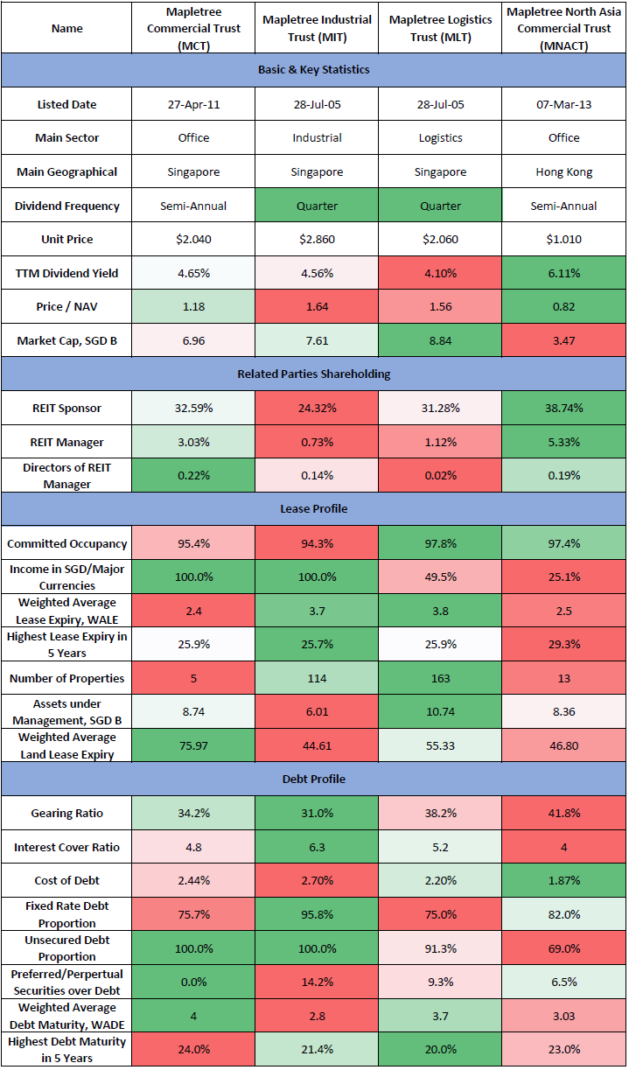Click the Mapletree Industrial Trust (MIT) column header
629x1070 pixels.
tap(317, 28)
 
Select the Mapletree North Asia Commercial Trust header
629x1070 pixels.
tap(563, 28)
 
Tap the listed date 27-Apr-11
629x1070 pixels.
tap(193, 104)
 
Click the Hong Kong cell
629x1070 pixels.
tap(563, 172)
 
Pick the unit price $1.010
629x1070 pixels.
tap(563, 240)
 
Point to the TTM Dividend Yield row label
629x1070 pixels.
tap(67, 274)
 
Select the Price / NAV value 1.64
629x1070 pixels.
tap(317, 307)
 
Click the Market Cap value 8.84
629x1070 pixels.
tap(440, 340)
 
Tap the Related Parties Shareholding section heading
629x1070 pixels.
tap(313, 374)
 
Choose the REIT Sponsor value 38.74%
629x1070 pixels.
tap(563, 408)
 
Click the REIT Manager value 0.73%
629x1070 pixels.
tap(317, 442)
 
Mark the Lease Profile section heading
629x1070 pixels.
tap(313, 509)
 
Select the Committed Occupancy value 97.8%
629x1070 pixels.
tap(440, 543)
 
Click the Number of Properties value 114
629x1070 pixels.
tap(317, 678)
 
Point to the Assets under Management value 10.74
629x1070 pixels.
tap(440, 712)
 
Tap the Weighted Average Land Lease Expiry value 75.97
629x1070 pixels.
tap(193, 745)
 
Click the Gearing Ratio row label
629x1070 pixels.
tap(67, 814)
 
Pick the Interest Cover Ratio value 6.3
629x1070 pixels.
tap(317, 847)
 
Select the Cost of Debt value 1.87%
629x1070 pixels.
tap(563, 880)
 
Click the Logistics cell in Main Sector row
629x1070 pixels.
tap(440, 138)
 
